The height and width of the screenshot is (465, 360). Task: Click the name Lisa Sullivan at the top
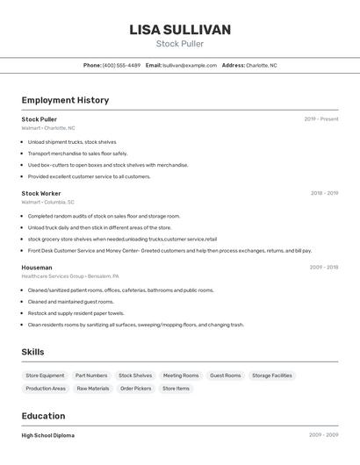pos(180,30)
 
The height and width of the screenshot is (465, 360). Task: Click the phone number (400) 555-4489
pos(121,65)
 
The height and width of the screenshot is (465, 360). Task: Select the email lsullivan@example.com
pos(189,65)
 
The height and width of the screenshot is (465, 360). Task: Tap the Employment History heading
pos(65,100)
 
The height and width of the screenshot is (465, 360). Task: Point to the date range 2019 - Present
pos(321,119)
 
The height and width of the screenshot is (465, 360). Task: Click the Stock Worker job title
pos(41,193)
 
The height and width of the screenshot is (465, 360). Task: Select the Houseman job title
pos(37,267)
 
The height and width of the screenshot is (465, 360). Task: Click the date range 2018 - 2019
pos(324,193)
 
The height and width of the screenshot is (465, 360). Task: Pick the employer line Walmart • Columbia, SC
pos(47,202)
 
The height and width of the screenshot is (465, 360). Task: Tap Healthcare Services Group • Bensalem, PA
pos(69,275)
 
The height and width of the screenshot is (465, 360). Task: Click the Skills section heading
pos(33,352)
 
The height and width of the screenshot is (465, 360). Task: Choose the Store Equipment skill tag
pos(46,376)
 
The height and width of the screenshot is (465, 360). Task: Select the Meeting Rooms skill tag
pos(181,376)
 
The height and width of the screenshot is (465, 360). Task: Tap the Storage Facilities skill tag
pos(272,376)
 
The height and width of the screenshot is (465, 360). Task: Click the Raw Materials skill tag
pos(93,388)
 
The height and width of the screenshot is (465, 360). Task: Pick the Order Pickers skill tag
pos(136,388)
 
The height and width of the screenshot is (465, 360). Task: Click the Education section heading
pos(43,416)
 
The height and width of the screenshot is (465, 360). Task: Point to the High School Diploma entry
pos(48,435)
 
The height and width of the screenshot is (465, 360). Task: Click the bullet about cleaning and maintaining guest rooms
pos(70,302)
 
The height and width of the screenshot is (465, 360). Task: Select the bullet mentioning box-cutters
pos(107,165)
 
